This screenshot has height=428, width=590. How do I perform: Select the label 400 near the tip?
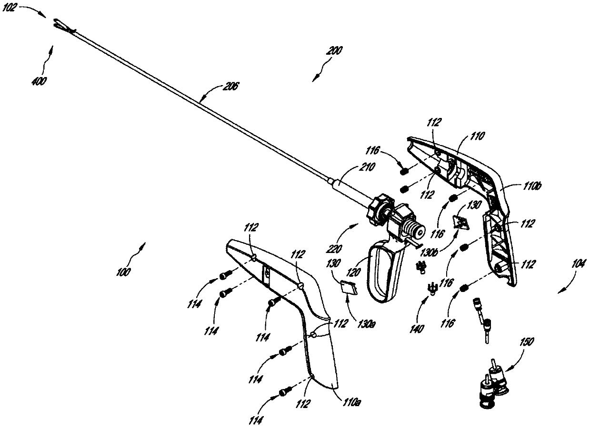point(40,81)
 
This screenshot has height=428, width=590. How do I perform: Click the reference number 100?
point(123,272)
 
